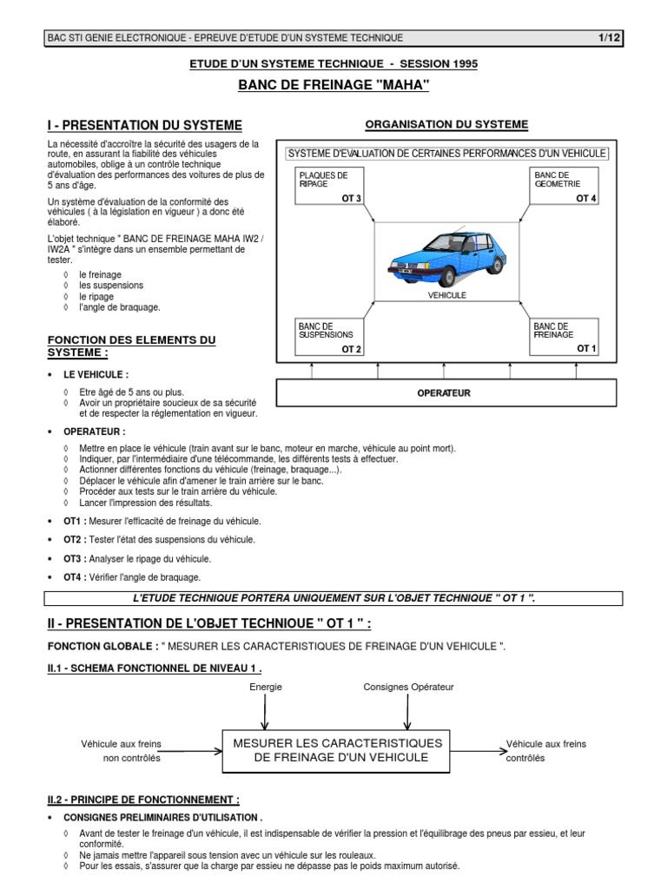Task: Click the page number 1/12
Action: pos(610,37)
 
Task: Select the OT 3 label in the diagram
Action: pos(351,199)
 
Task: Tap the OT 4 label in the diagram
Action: pos(586,199)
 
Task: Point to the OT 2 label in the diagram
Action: pos(351,349)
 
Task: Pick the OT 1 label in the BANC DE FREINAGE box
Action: pos(587,348)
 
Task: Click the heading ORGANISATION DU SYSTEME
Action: pos(446,124)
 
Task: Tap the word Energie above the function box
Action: pos(265,687)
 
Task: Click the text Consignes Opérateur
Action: pos(408,687)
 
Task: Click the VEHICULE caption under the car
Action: pos(447,295)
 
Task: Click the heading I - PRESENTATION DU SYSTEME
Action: pos(144,125)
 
